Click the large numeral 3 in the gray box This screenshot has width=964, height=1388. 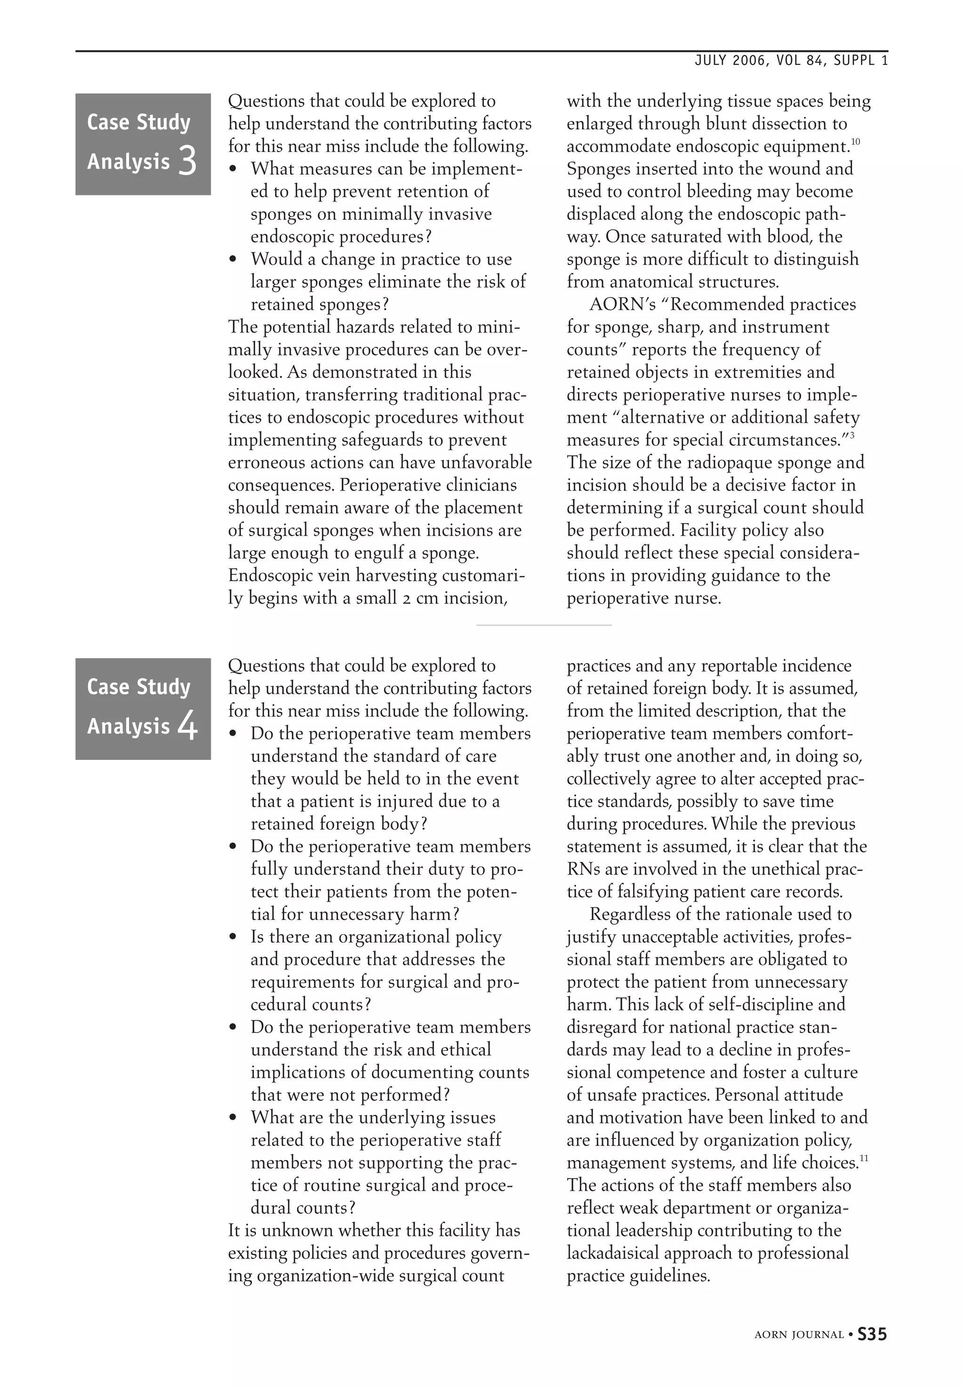tap(188, 161)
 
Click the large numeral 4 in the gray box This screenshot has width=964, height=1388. tap(188, 726)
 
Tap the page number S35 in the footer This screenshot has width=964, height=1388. tap(872, 1334)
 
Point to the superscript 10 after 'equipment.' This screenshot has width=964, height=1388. tap(855, 142)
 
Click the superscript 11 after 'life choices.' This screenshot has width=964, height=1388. tap(864, 1158)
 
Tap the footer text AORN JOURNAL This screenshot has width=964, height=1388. tap(798, 1335)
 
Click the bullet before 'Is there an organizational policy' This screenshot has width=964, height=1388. tap(234, 938)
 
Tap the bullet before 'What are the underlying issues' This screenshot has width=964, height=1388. tap(234, 1119)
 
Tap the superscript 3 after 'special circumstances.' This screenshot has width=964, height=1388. tap(851, 436)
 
